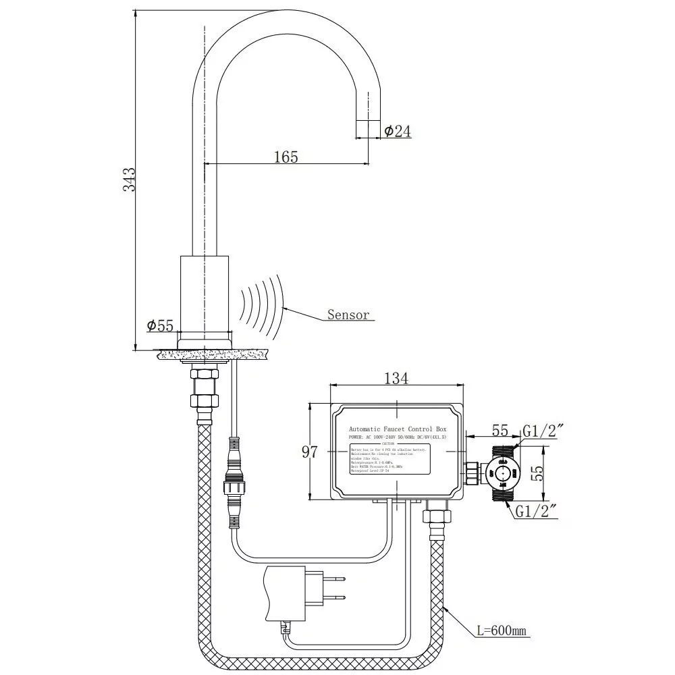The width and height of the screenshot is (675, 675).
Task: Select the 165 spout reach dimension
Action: pos(286,157)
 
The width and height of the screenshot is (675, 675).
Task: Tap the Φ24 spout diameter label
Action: pos(398,132)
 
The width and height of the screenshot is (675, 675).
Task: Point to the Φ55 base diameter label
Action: pos(160,325)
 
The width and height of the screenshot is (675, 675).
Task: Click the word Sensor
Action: pos(348,315)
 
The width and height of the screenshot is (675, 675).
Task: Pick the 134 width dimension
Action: pos(396,378)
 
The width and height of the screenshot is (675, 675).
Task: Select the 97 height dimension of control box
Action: pos(309,452)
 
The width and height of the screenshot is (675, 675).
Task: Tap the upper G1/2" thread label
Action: pos(543,430)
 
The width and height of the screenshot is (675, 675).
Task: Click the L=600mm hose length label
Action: pos(501,632)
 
